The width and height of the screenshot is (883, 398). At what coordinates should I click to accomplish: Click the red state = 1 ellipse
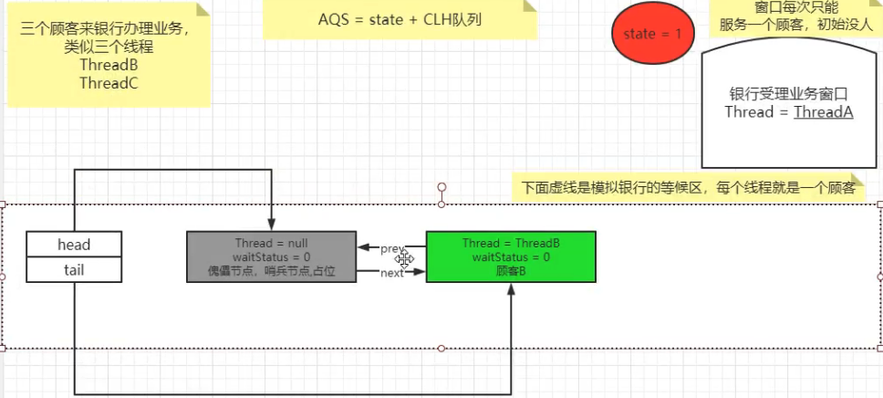[651, 34]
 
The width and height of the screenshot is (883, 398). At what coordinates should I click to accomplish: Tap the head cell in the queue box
[74, 245]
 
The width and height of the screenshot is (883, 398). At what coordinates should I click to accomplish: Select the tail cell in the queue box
[74, 269]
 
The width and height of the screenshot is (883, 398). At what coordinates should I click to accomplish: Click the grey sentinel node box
[271, 257]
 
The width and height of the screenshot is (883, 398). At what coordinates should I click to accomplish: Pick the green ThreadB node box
[510, 257]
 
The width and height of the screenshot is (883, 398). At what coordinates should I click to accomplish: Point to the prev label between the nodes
[392, 248]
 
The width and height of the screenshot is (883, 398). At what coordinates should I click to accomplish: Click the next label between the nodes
[391, 273]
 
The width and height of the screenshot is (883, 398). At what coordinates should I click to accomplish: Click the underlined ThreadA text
[823, 112]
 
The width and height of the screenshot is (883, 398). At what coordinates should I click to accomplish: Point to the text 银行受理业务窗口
[789, 93]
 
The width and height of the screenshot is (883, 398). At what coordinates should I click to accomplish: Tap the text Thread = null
[271, 243]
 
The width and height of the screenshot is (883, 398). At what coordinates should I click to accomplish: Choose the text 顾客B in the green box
[510, 271]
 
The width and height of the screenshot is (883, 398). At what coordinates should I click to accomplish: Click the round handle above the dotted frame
[441, 188]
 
